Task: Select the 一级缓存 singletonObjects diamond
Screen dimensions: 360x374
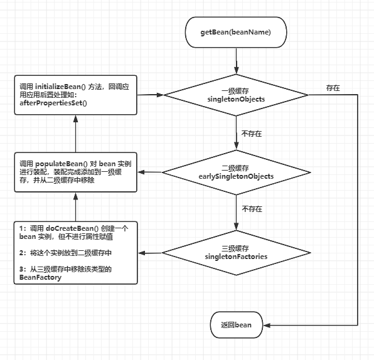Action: (x=236, y=95)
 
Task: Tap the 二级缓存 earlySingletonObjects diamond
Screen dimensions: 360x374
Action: (x=236, y=172)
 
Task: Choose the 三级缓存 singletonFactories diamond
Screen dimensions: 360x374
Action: (x=236, y=252)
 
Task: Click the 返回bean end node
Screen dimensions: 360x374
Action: (x=236, y=324)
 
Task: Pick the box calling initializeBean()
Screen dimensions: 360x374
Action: (x=75, y=95)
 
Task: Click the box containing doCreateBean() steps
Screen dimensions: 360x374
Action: (x=75, y=252)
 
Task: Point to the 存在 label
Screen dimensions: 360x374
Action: (x=333, y=88)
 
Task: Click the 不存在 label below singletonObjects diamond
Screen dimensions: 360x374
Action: (x=251, y=134)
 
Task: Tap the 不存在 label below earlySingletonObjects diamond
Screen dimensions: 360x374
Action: (x=251, y=209)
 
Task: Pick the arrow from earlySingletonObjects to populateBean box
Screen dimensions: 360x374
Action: (x=151, y=172)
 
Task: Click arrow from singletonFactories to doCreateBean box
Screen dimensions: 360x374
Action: (x=151, y=252)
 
